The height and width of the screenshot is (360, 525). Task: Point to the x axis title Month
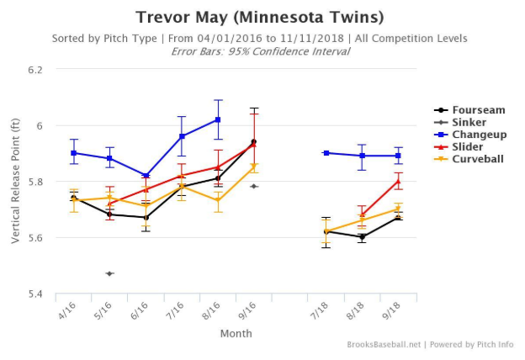(x=236, y=333)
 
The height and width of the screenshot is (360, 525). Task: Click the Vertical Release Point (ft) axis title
(x=15, y=182)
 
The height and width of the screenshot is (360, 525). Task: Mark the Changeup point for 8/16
(x=218, y=119)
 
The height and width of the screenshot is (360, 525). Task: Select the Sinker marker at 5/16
(x=109, y=273)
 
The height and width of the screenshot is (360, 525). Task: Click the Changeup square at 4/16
(x=74, y=153)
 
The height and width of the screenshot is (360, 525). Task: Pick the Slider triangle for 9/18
(x=397, y=181)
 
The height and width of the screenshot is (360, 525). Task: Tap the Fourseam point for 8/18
(x=361, y=237)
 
